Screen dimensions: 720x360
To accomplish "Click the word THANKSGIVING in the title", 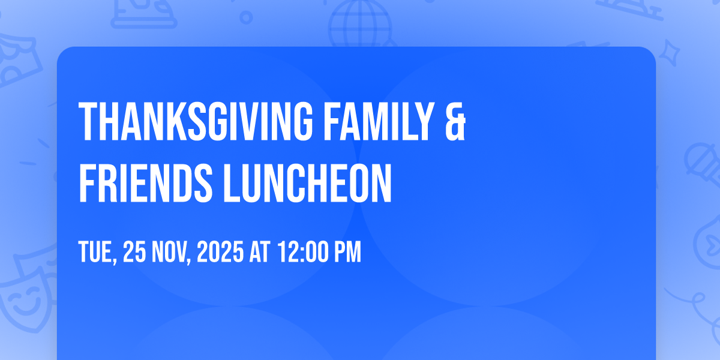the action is (196, 121).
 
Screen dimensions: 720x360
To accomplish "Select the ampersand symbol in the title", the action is (455, 121).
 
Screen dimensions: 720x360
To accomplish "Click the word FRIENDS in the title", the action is (146, 183).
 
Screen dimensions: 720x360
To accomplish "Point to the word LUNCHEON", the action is (308, 183).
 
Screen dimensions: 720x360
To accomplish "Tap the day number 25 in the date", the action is (134, 251).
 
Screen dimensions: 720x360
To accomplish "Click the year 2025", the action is (220, 251).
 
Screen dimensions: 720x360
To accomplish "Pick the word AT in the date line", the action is (260, 251).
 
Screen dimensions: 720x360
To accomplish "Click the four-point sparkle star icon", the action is (669, 53).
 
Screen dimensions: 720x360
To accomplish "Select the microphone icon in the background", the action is (703, 164).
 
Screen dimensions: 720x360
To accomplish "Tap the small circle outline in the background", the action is (246, 17).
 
